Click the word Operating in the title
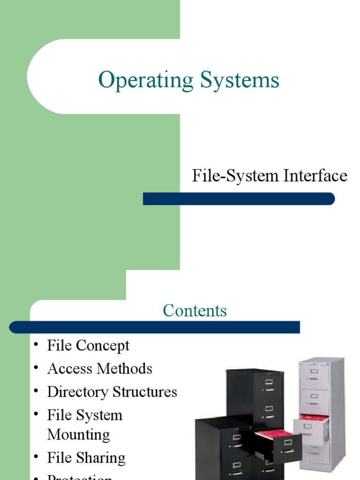pos(145,81)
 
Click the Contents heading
pos(195,311)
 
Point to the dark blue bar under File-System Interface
pos(239,199)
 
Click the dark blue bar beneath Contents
pos(155,327)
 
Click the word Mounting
pos(78,435)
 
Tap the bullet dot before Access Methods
pos(36,368)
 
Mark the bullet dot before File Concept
pos(36,345)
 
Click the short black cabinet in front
pos(220,450)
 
